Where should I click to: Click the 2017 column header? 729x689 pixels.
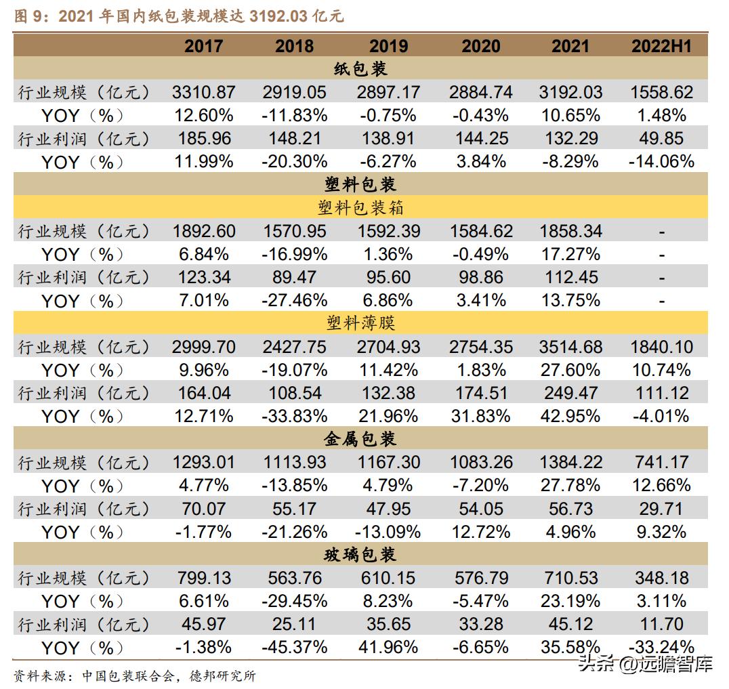[203, 45]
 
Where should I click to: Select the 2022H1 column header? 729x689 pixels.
[661, 45]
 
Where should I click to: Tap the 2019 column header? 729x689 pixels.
[388, 45]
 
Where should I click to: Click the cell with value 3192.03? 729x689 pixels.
[570, 92]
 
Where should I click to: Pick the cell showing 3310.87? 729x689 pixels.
[203, 92]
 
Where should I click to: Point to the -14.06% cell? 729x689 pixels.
[661, 161]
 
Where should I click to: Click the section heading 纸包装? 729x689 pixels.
[360, 68]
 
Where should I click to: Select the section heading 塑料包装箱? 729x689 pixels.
[360, 207]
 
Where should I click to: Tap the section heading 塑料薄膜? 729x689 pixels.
[360, 323]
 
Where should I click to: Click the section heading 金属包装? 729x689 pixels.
[360, 439]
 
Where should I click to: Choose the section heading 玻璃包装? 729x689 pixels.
[360, 555]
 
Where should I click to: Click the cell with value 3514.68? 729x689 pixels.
[570, 347]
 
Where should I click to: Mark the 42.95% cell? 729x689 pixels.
[570, 416]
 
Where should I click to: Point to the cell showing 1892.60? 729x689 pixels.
[203, 231]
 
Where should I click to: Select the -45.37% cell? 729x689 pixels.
[294, 647]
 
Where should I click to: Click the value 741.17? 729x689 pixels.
[661, 463]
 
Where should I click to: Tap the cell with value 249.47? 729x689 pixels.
[570, 393]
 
